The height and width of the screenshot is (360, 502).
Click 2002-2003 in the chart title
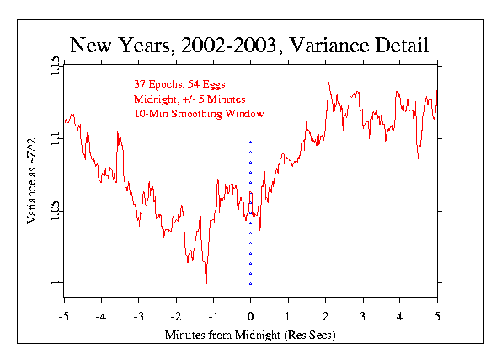pos(228,45)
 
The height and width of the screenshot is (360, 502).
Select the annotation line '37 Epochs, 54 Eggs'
pos(179,84)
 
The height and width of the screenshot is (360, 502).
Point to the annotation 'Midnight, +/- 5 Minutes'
pos(190,99)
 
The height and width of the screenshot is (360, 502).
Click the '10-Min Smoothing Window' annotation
pos(199,114)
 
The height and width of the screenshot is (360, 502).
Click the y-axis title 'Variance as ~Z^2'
pos(32,181)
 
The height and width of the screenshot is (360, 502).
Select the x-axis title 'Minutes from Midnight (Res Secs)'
pos(250,335)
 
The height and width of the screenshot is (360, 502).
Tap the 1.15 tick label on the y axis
pos(55,66)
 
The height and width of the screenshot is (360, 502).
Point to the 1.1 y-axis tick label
pos(55,138)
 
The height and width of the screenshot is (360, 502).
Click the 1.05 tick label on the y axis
pos(55,211)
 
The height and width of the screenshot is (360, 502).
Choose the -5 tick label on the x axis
pos(64,317)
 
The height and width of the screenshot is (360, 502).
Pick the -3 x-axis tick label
pos(138,317)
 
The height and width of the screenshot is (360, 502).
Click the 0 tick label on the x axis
pos(251,317)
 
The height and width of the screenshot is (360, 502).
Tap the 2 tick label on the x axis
pos(326,317)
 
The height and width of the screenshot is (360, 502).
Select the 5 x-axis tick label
pos(437,317)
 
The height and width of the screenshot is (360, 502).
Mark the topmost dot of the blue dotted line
pos(251,142)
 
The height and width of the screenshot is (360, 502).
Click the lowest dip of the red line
pos(206,283)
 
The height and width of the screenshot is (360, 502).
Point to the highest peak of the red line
pos(328,83)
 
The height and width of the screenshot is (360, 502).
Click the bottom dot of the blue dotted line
pos(251,284)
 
